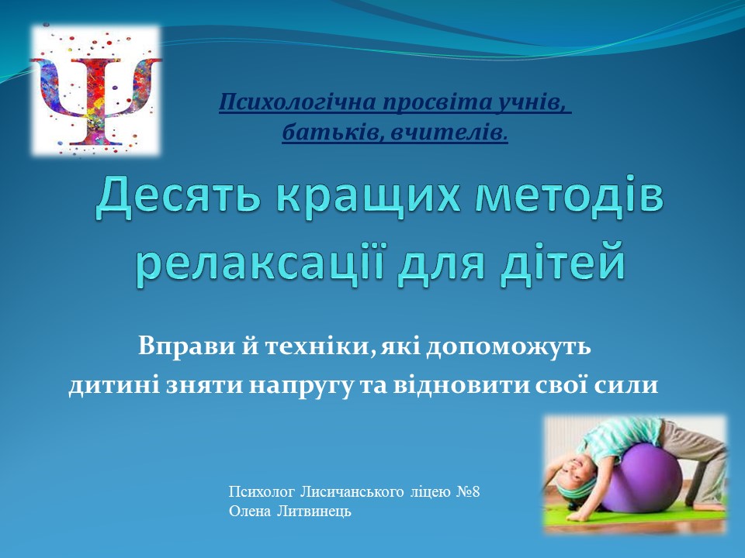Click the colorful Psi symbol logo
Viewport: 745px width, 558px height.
(x=95, y=91)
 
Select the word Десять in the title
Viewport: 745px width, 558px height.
(x=177, y=198)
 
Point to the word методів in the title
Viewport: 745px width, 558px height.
(x=569, y=198)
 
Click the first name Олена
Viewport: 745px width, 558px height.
(x=248, y=511)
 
